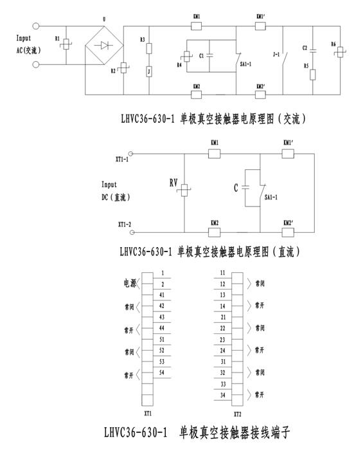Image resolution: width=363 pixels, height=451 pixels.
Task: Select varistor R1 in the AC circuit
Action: click(67, 45)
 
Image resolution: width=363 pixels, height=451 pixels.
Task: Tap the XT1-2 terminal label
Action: click(122, 225)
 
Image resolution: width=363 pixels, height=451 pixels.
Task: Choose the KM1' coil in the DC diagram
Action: click(287, 154)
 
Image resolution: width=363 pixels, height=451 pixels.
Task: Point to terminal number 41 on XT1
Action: click(163, 294)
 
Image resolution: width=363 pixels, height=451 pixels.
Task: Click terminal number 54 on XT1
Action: click(163, 373)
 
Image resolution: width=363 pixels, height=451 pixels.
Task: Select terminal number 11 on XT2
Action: click(223, 273)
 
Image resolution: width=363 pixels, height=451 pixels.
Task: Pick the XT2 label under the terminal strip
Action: click(237, 415)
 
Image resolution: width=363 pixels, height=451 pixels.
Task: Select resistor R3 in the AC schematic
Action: click(150, 47)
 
